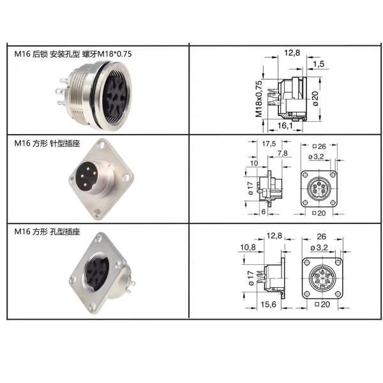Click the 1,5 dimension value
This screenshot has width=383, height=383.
pyautogui.click(x=319, y=64)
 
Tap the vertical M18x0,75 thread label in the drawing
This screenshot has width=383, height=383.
pyautogui.click(x=259, y=98)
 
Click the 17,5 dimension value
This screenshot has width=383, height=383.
pyautogui.click(x=269, y=144)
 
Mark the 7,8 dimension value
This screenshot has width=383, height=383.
pyautogui.click(x=282, y=153)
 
